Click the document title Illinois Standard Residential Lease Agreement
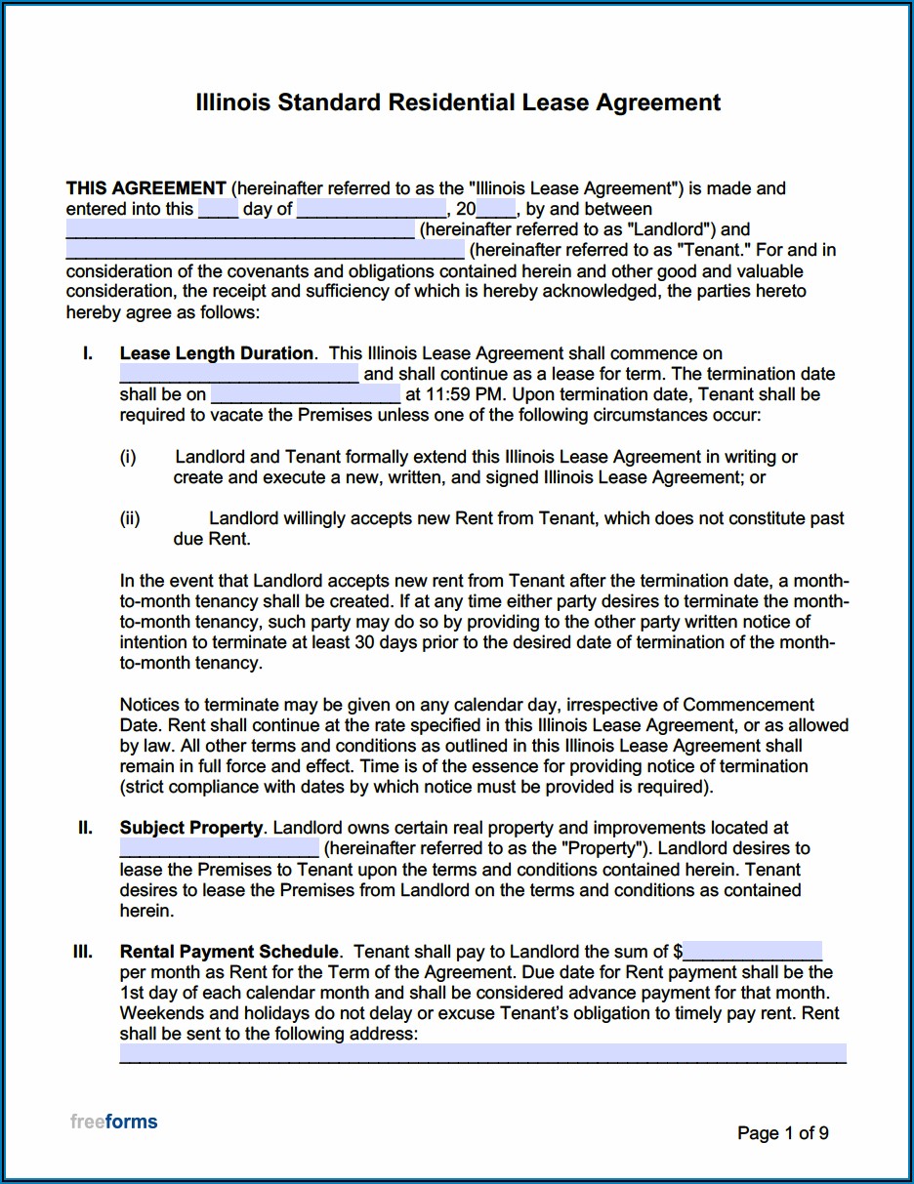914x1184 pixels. (458, 102)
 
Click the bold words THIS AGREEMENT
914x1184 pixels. (145, 188)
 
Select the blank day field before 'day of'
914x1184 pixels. (218, 209)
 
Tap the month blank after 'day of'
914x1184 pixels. (371, 209)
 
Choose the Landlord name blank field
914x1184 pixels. (240, 230)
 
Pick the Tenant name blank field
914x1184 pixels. (265, 251)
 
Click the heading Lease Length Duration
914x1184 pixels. (217, 353)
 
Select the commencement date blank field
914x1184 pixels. (239, 375)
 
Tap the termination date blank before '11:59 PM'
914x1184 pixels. (305, 395)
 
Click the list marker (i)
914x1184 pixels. (128, 457)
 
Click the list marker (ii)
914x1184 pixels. (130, 519)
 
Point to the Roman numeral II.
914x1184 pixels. (86, 828)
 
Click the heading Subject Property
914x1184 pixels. (191, 828)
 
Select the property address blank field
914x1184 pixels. (219, 849)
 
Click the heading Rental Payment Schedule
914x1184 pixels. (229, 952)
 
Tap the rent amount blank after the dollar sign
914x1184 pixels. (752, 952)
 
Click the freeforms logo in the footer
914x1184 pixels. (113, 1122)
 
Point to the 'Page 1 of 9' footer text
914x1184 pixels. (783, 1133)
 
